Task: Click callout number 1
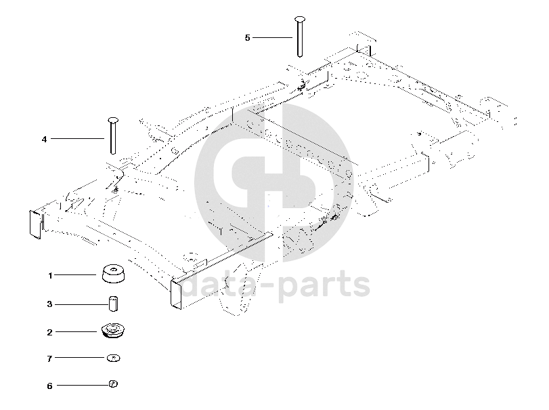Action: click(49, 276)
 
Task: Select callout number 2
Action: click(49, 332)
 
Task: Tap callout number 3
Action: click(49, 304)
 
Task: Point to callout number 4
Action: click(44, 139)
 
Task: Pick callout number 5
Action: click(247, 37)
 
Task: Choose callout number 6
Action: click(49, 386)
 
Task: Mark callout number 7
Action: click(49, 357)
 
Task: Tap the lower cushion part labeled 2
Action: click(113, 331)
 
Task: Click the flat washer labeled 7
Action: click(114, 357)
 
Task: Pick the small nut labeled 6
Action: click(113, 385)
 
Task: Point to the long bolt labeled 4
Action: click(112, 136)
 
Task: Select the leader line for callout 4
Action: click(77, 139)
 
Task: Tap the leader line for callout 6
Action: click(82, 386)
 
